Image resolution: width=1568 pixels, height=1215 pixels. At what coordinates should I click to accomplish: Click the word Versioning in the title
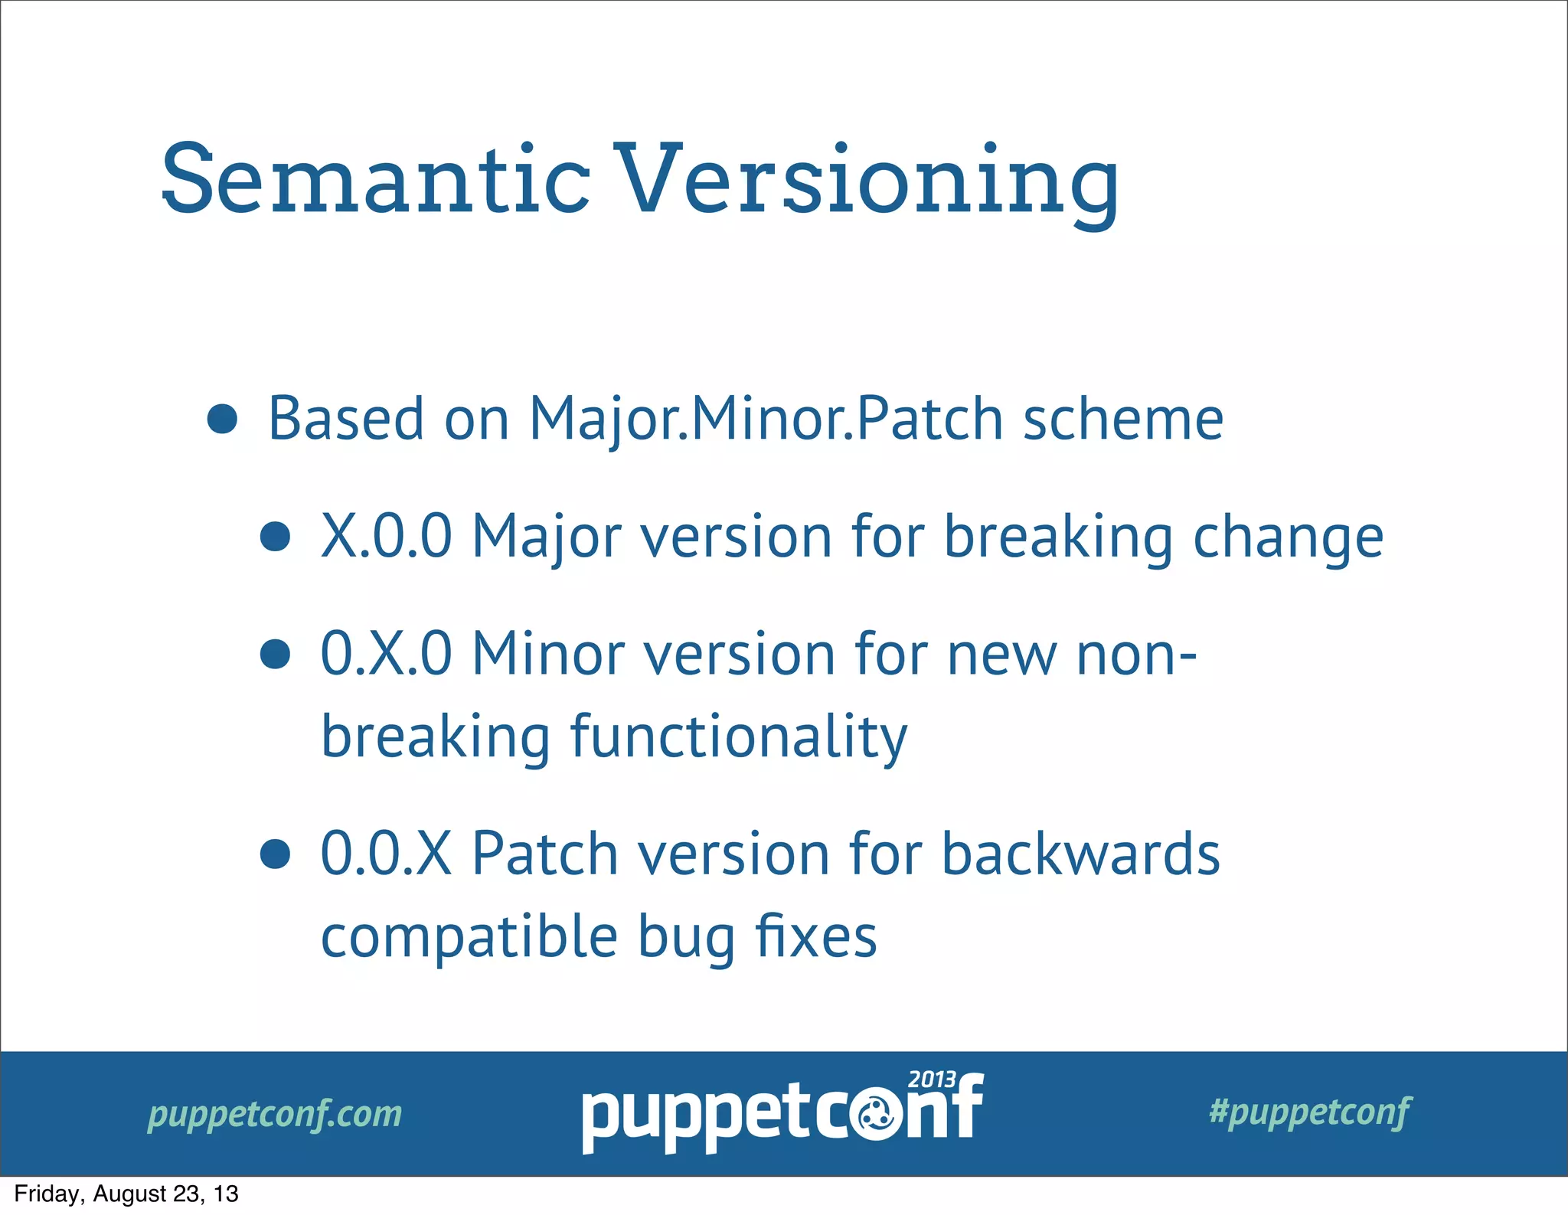(867, 181)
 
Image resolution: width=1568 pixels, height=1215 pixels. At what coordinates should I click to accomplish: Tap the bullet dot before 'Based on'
(223, 420)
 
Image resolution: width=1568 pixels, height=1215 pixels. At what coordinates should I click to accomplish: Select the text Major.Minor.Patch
(766, 420)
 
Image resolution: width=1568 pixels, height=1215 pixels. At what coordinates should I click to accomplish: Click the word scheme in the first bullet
(1122, 420)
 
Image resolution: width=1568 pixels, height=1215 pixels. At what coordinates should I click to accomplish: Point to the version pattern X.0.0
(386, 536)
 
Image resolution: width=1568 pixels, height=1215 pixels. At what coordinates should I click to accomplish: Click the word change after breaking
(1288, 537)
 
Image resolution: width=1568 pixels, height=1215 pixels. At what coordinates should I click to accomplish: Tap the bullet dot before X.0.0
(275, 537)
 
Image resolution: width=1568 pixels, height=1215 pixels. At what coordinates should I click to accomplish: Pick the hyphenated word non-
(1136, 655)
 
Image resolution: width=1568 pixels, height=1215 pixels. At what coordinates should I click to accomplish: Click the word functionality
(739, 737)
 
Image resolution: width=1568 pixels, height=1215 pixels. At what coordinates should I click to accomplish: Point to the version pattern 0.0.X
(386, 854)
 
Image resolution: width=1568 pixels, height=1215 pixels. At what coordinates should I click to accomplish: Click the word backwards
(1080, 854)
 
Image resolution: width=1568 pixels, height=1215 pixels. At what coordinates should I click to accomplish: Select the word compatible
(469, 937)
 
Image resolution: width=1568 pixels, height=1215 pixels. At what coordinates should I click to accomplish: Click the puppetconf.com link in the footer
(274, 1114)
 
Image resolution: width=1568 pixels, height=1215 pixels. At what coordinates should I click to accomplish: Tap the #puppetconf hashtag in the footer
(1309, 1112)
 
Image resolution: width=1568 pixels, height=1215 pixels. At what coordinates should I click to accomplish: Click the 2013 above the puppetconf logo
(931, 1079)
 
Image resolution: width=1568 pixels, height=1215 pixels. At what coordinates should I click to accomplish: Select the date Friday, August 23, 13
(126, 1194)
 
